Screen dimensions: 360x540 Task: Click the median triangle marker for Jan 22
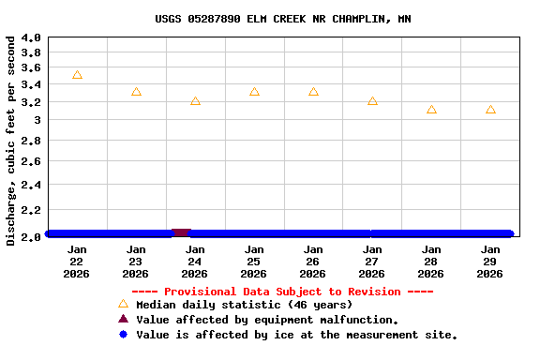(x=77, y=75)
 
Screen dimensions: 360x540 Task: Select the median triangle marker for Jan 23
(x=136, y=92)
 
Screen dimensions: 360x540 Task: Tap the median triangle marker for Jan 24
(x=195, y=101)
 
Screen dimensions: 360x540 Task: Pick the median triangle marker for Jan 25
(x=254, y=92)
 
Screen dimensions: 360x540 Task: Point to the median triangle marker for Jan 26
(x=313, y=92)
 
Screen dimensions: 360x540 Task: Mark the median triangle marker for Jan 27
(x=372, y=101)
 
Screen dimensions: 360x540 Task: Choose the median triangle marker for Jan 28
(x=431, y=110)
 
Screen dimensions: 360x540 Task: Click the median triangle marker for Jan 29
(x=490, y=110)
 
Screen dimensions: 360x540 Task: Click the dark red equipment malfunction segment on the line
(x=181, y=232)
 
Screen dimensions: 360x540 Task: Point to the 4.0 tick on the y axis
(x=31, y=38)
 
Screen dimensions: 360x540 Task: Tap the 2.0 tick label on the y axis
(x=31, y=235)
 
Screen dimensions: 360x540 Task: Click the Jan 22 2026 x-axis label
(x=77, y=262)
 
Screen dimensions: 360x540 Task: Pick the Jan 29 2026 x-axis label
(x=490, y=262)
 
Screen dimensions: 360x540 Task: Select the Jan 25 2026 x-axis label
(x=254, y=262)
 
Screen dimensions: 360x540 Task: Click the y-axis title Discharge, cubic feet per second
(x=10, y=141)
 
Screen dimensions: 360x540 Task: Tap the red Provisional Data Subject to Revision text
(x=282, y=292)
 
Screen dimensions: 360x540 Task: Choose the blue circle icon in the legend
(x=123, y=335)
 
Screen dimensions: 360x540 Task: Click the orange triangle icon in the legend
(x=123, y=304)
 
